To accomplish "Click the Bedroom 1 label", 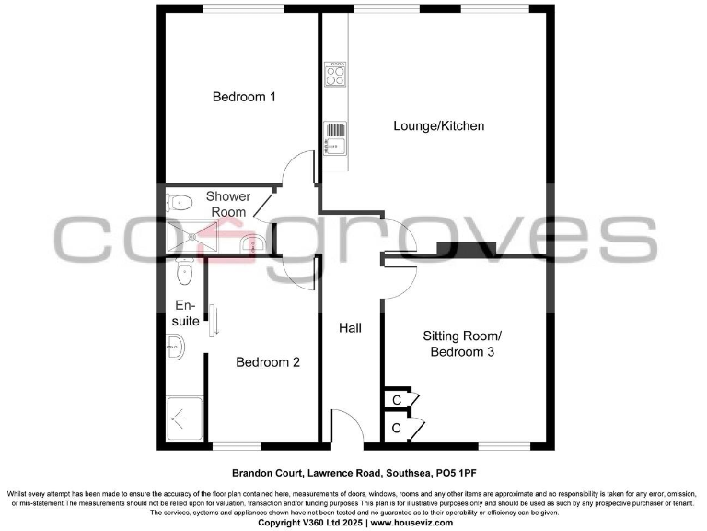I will (x=244, y=97).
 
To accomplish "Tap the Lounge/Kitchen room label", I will (x=438, y=125).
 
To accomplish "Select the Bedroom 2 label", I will (x=268, y=362).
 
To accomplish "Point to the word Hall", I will (x=350, y=328).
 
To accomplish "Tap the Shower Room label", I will (x=227, y=204).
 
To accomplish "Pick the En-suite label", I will (x=186, y=313).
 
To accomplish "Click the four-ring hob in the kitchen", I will (x=335, y=73).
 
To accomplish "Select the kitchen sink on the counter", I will (x=335, y=136).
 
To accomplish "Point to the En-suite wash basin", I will (x=176, y=348).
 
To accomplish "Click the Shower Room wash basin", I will (x=251, y=244).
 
